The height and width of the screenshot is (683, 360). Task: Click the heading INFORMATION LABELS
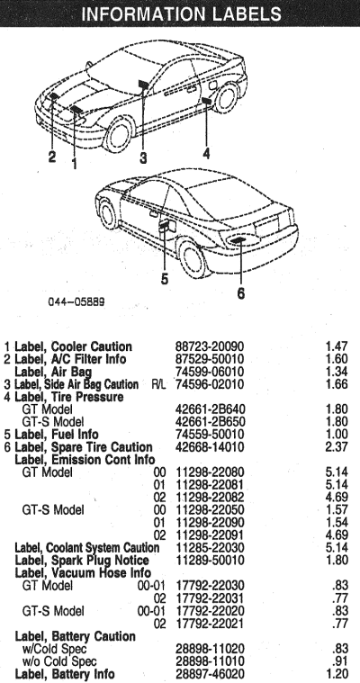pyautogui.click(x=181, y=13)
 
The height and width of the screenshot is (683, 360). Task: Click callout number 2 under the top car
pyautogui.click(x=52, y=157)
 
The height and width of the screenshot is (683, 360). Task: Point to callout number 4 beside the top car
pyautogui.click(x=206, y=153)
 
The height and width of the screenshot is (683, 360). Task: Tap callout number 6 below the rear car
pyautogui.click(x=241, y=293)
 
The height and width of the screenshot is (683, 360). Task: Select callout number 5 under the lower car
pyautogui.click(x=165, y=279)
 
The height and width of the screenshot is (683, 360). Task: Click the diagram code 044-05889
pyautogui.click(x=76, y=301)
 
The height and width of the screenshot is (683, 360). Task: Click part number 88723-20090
pyautogui.click(x=210, y=346)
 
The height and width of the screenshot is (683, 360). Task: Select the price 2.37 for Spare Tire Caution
pyautogui.click(x=337, y=447)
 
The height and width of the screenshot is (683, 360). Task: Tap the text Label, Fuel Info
pyautogui.click(x=57, y=435)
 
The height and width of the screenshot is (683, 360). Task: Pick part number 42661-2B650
pyautogui.click(x=210, y=422)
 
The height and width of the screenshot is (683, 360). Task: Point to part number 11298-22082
pyautogui.click(x=210, y=498)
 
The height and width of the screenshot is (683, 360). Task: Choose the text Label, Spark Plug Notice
pyautogui.click(x=82, y=560)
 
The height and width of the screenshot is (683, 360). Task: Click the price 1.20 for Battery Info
pyautogui.click(x=337, y=674)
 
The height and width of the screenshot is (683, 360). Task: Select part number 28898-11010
pyautogui.click(x=210, y=661)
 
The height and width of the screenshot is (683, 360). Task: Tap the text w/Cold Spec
pyautogui.click(x=55, y=649)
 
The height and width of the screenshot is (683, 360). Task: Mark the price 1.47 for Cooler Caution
pyautogui.click(x=337, y=346)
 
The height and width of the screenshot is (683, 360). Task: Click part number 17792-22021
pyautogui.click(x=210, y=624)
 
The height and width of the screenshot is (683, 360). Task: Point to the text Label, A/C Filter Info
pyautogui.click(x=70, y=359)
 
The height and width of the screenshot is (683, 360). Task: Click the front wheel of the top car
pyautogui.click(x=118, y=133)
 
